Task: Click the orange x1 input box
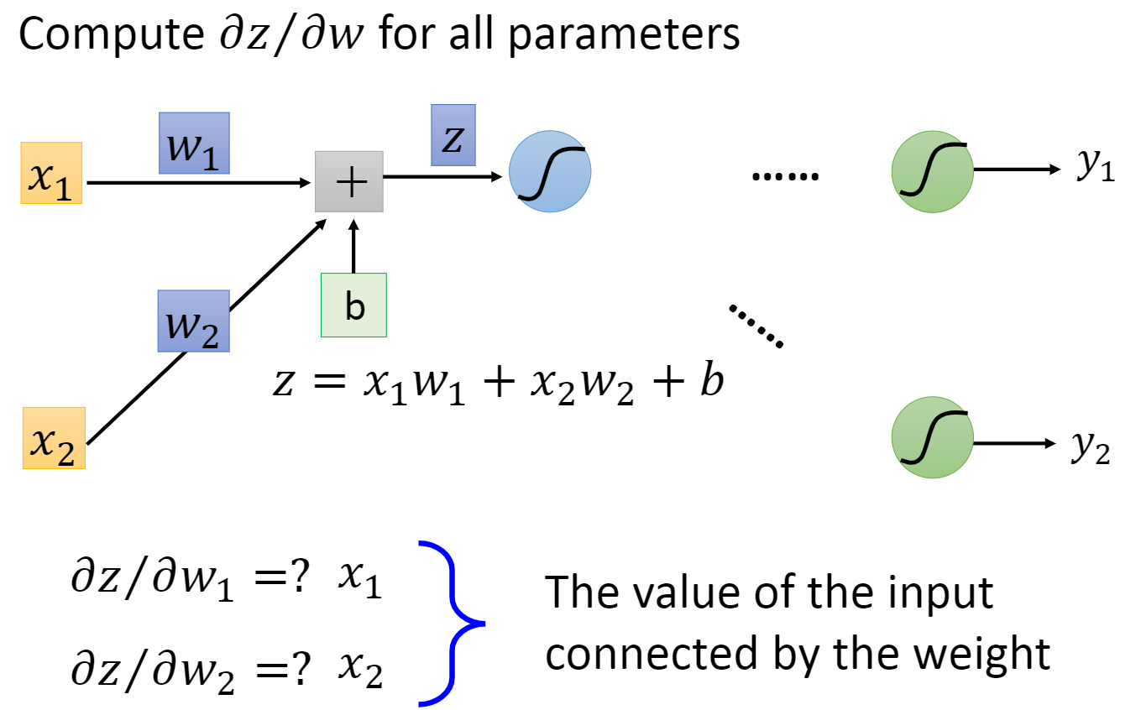(51, 174)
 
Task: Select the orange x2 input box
(54, 438)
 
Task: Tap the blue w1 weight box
(194, 143)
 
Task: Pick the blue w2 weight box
(192, 321)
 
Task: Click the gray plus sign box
(349, 181)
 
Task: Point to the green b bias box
(353, 305)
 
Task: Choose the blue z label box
(453, 134)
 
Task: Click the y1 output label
(1095, 168)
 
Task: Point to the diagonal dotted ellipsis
(756, 326)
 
